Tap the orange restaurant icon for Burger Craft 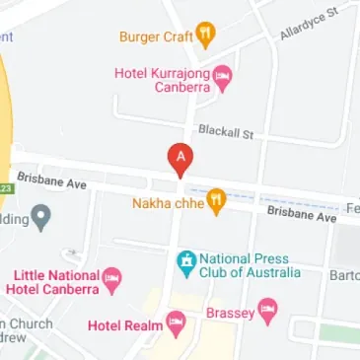pos(206,36)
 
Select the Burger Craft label pos(155,37)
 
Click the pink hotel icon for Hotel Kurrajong pos(224,77)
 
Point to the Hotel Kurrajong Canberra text pos(166,78)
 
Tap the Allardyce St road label pos(308,22)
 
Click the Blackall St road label pos(226,130)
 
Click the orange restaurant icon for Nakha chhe pos(216,203)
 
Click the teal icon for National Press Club pos(184,261)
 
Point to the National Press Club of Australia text pos(248,265)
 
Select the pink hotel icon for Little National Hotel pos(112,280)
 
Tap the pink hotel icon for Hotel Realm pos(176,323)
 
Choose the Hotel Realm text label pos(122,324)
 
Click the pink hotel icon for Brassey pos(267,313)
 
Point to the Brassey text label pos(231,314)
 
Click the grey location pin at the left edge pos(40,217)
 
